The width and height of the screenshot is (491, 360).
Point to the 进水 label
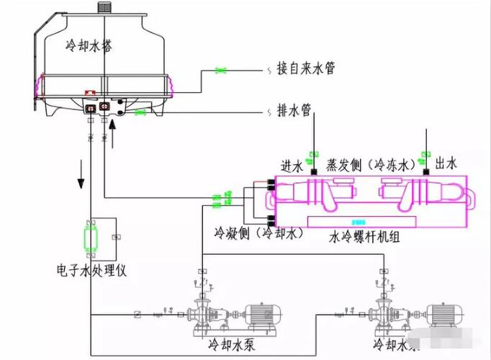(292, 165)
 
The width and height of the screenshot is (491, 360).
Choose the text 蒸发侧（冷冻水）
(367, 165)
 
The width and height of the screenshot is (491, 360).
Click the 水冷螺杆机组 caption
(366, 235)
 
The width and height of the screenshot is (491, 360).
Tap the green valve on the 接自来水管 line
(222, 70)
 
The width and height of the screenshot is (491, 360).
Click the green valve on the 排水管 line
(142, 112)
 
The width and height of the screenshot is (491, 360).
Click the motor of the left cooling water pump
(263, 315)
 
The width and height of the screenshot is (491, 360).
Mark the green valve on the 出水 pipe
(425, 155)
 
